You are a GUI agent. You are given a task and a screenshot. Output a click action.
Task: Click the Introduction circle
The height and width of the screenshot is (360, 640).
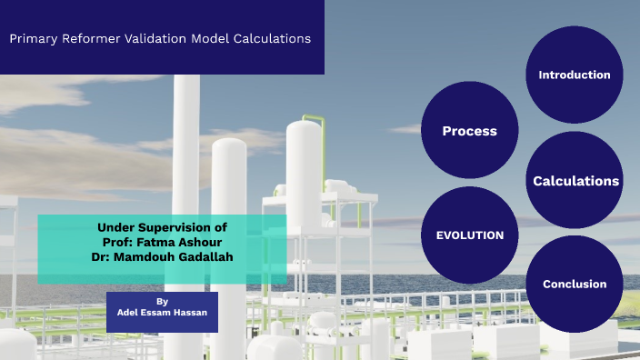click(574, 75)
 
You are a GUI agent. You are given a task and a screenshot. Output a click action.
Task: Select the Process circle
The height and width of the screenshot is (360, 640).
click(469, 131)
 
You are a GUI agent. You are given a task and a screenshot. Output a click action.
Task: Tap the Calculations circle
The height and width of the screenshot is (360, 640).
click(575, 181)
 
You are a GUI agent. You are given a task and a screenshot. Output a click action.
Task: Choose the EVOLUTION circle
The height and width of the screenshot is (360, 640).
click(469, 235)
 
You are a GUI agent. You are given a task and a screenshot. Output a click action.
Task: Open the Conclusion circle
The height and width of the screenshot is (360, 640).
click(574, 285)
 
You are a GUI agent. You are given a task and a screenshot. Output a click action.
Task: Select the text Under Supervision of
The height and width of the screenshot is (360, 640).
click(162, 227)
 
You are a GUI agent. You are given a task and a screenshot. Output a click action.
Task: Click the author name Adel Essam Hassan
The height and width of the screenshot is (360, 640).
click(162, 312)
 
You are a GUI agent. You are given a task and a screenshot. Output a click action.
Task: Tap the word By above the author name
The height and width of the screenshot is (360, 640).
click(162, 300)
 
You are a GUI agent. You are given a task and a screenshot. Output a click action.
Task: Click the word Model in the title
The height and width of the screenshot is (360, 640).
click(212, 39)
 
